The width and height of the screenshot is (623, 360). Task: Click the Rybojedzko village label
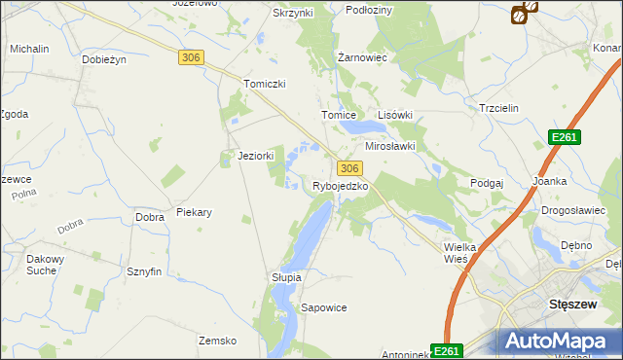click(x=340, y=186)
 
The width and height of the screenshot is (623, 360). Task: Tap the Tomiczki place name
click(x=265, y=84)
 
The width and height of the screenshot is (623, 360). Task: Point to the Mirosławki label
click(x=390, y=146)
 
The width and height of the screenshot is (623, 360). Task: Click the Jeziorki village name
click(x=256, y=156)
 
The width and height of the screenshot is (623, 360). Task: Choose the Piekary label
click(x=194, y=211)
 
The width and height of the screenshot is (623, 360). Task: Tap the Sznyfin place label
click(x=144, y=271)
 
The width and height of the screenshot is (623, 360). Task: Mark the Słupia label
click(x=286, y=277)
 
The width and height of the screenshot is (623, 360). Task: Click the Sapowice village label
click(x=324, y=307)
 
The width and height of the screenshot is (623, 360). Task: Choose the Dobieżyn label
click(x=105, y=59)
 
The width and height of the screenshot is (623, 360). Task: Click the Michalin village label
click(x=29, y=49)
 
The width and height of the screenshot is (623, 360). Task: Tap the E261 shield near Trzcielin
click(x=564, y=137)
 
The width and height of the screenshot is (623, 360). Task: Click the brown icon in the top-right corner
click(x=524, y=13)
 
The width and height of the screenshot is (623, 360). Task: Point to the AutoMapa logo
click(x=559, y=341)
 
